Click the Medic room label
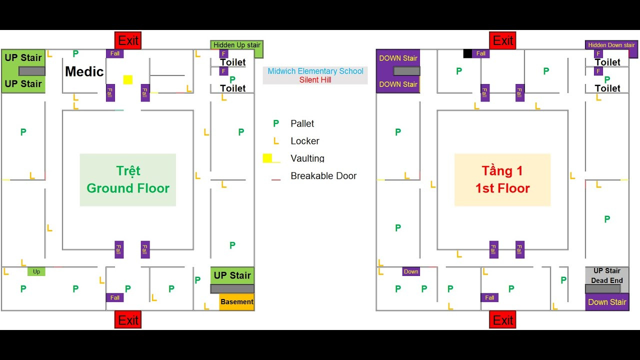tap(84, 71)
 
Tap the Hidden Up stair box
tap(236, 45)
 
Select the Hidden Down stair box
tap(611, 45)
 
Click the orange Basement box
tap(237, 301)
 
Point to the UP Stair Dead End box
tap(607, 275)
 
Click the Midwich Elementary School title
tap(315, 71)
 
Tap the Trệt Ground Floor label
tap(128, 179)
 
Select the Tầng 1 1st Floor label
tap(502, 179)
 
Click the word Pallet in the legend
tap(302, 123)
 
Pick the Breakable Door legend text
tap(323, 175)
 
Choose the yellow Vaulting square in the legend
tap(267, 158)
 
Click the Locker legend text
tap(305, 141)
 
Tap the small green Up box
tap(36, 271)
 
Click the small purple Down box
tap(411, 271)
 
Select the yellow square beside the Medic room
tap(127, 79)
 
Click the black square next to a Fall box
tap(467, 53)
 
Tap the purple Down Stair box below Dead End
tap(607, 302)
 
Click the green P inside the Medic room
tap(75, 53)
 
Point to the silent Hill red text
tap(315, 80)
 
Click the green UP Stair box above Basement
tap(232, 275)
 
